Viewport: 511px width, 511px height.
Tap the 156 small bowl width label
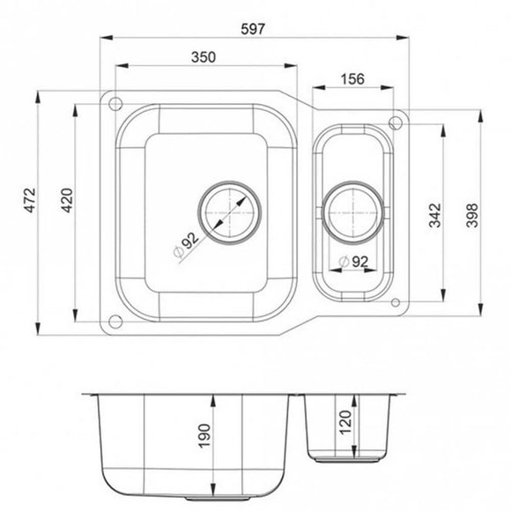click(352, 77)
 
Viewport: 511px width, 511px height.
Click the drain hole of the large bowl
click(231, 213)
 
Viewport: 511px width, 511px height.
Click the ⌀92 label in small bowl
click(353, 262)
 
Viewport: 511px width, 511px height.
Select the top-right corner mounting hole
click(396, 120)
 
